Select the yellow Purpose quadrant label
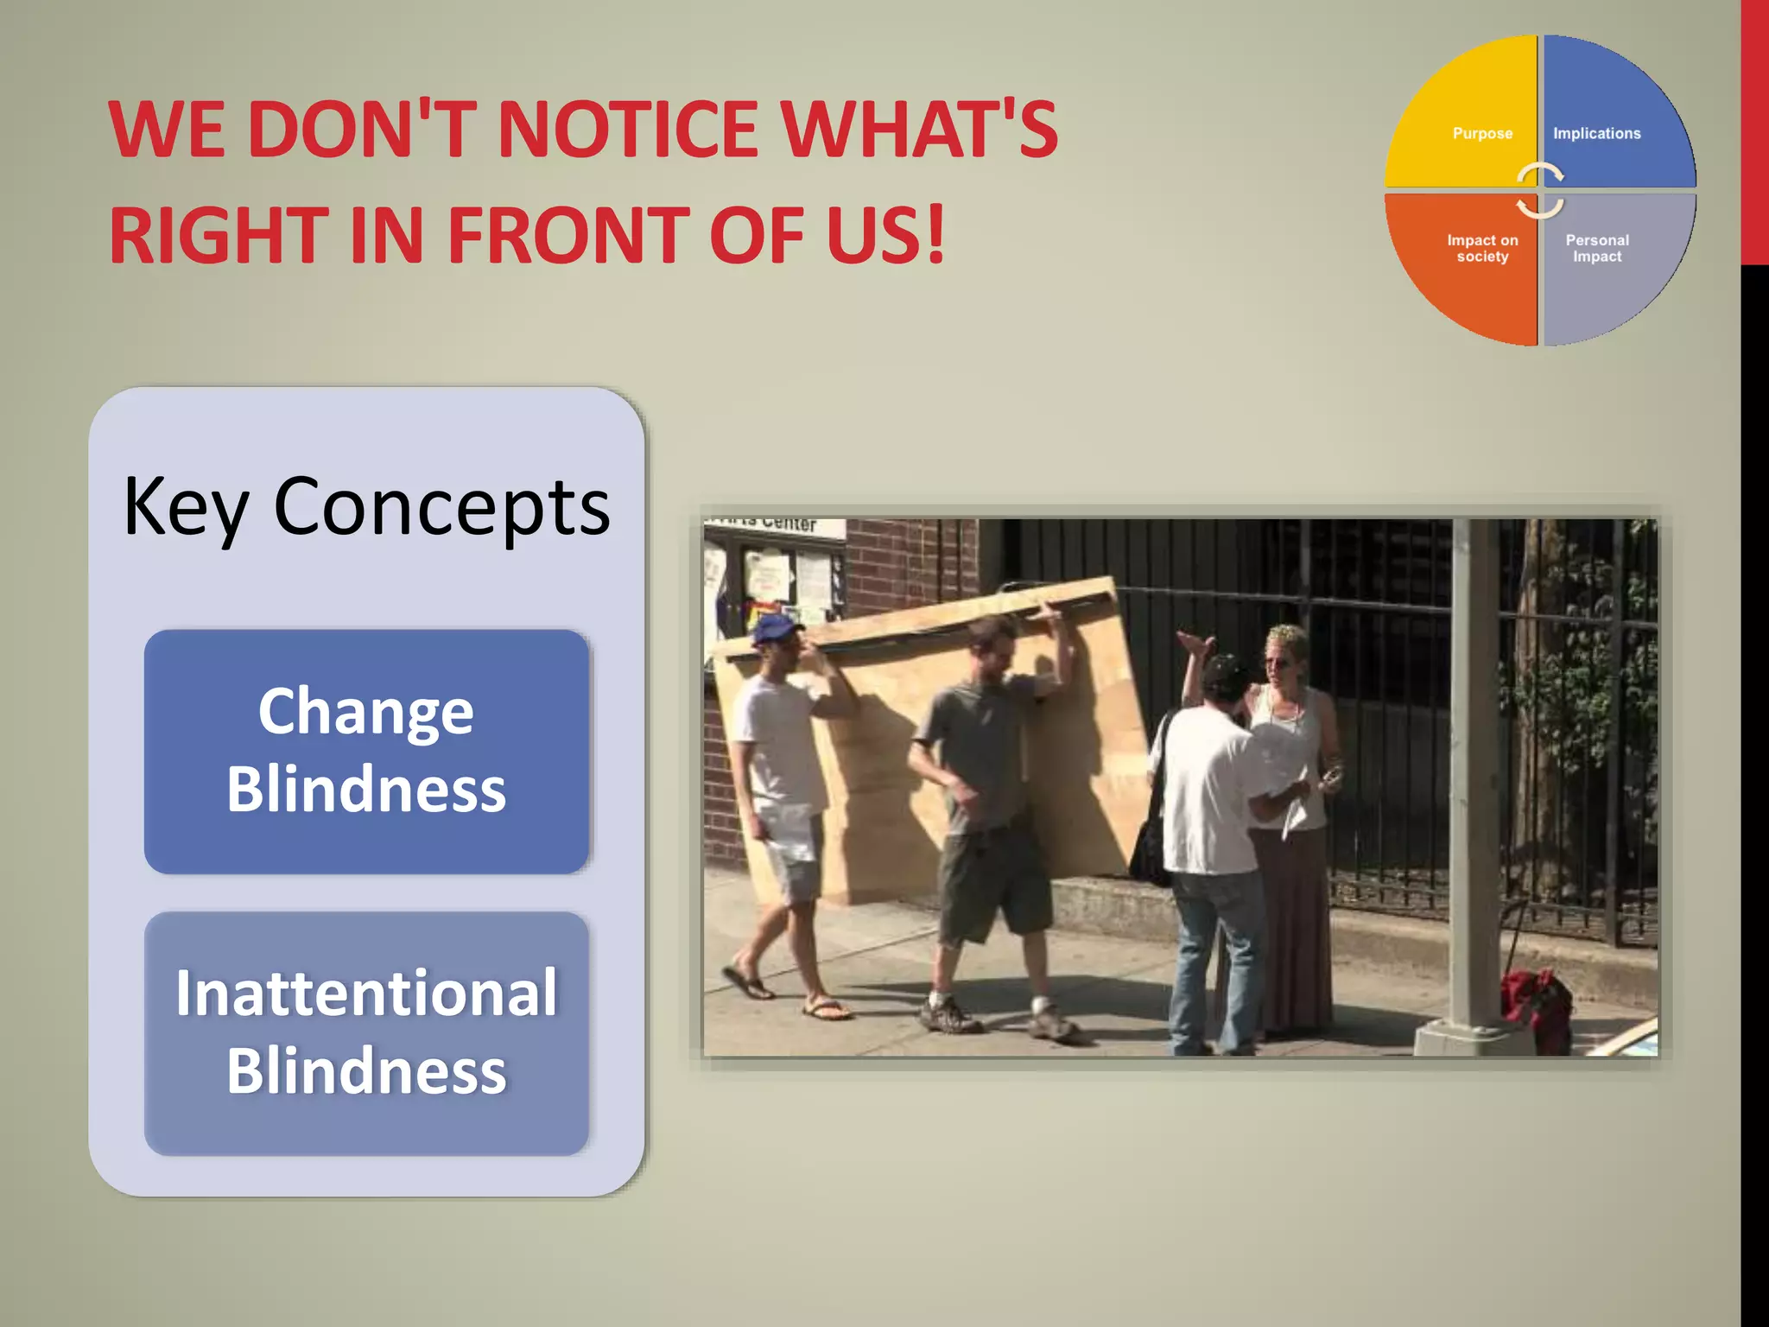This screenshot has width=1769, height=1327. [x=1482, y=134]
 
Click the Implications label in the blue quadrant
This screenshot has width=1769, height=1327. [x=1596, y=134]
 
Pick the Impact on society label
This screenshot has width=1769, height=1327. [x=1482, y=248]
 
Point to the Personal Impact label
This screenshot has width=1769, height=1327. [x=1597, y=248]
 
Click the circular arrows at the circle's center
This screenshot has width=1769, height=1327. [x=1540, y=190]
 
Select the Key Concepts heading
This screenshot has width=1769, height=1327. [x=366, y=507]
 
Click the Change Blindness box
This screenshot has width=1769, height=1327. [x=366, y=751]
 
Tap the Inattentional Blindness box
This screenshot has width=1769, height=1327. [x=366, y=1032]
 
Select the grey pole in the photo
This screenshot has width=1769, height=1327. [x=1474, y=778]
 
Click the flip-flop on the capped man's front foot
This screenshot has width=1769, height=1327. [x=826, y=1008]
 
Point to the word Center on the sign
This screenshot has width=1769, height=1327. [x=788, y=524]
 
